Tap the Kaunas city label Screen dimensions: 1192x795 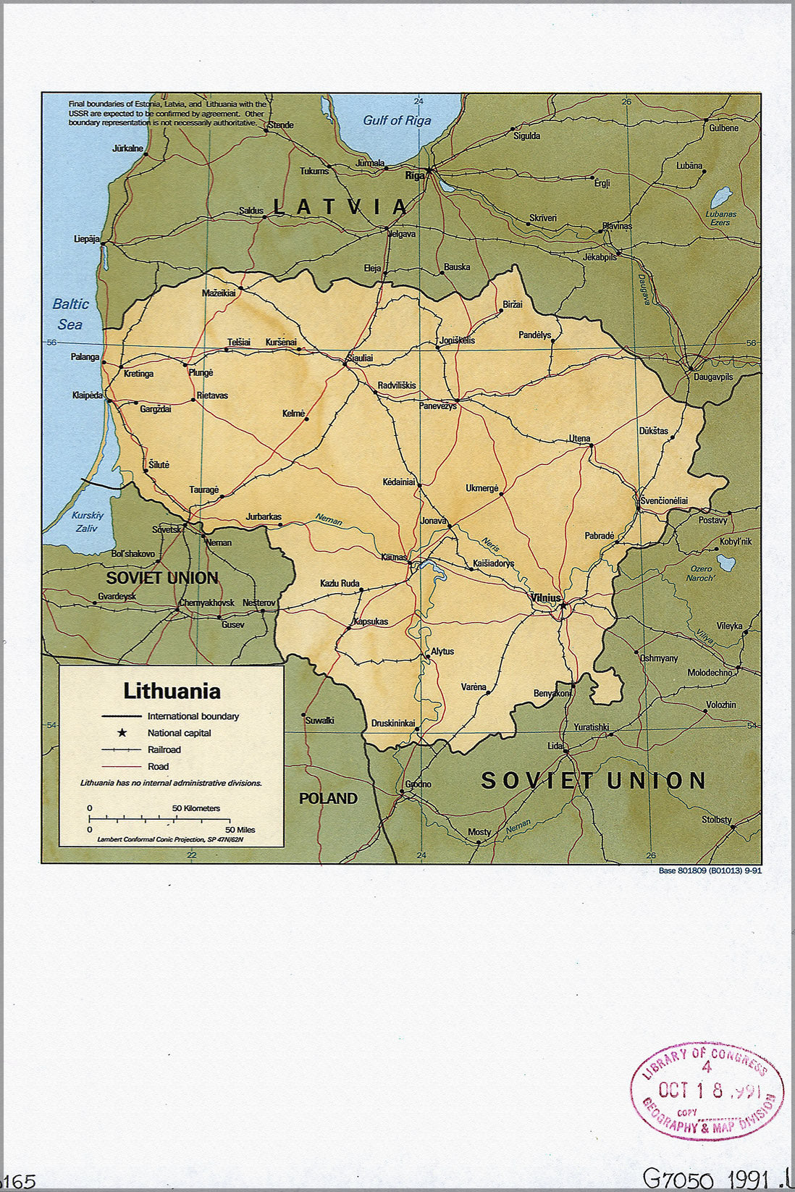pyautogui.click(x=394, y=557)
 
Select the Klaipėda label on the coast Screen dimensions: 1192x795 pyautogui.click(x=87, y=395)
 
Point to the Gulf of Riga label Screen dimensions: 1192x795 pyautogui.click(x=397, y=121)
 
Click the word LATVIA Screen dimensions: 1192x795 pyautogui.click(x=340, y=207)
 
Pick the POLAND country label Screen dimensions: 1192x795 pyautogui.click(x=328, y=798)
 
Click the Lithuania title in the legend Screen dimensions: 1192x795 pyautogui.click(x=172, y=691)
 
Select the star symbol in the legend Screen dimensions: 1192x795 pyautogui.click(x=122, y=733)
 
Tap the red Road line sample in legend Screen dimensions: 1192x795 pyautogui.click(x=121, y=766)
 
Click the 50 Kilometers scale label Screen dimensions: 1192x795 pyautogui.click(x=195, y=808)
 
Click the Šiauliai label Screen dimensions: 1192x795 pyautogui.click(x=360, y=358)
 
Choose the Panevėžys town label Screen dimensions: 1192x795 pyautogui.click(x=438, y=406)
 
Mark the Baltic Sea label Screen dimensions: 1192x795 pyautogui.click(x=70, y=314)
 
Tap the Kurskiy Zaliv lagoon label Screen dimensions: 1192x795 pyautogui.click(x=88, y=521)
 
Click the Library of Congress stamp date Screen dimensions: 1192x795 pyautogui.click(x=708, y=1090)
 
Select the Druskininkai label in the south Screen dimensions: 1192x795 pyautogui.click(x=393, y=723)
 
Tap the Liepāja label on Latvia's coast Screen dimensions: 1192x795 pyautogui.click(x=86, y=239)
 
